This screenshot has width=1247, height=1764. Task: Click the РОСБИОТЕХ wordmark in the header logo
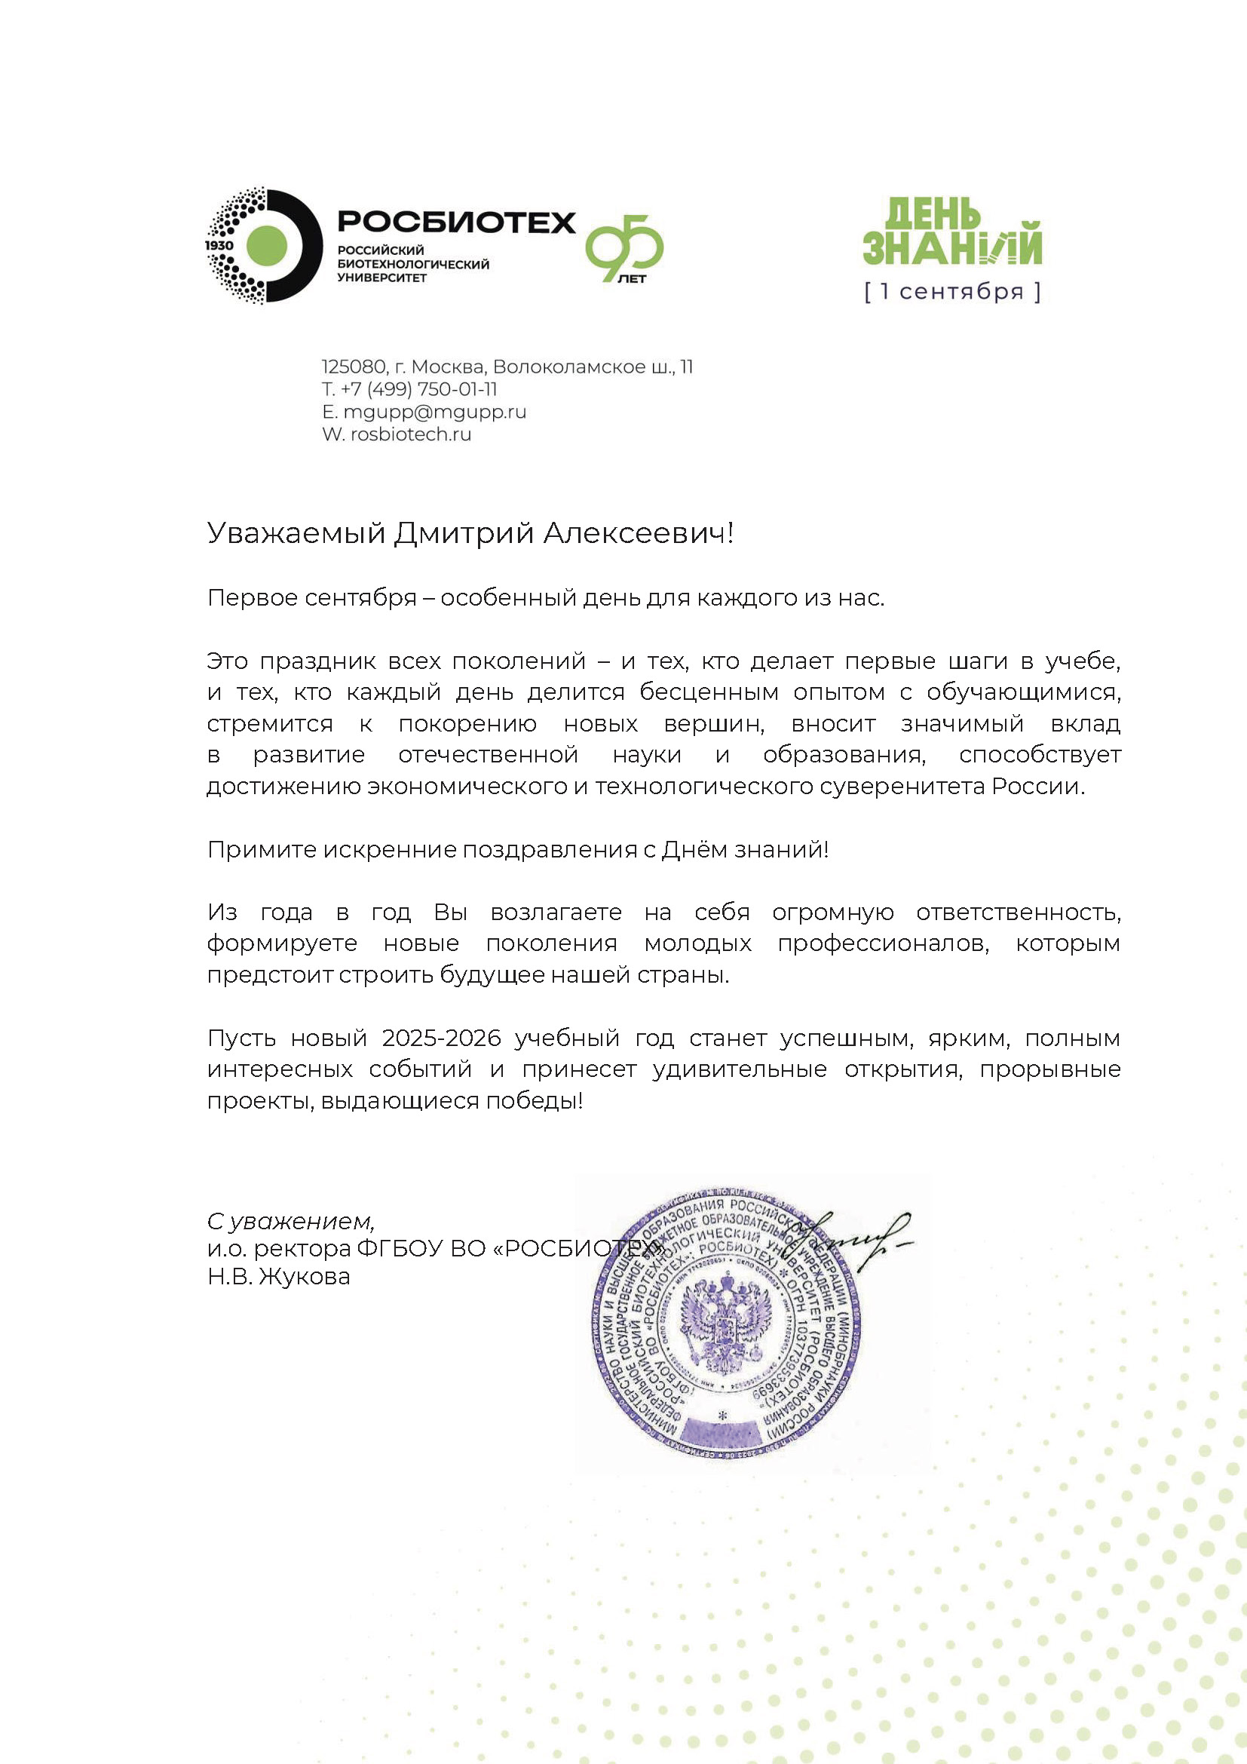[x=456, y=222]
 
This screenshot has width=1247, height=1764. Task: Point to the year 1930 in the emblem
[x=219, y=245]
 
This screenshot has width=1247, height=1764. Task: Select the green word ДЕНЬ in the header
[x=932, y=213]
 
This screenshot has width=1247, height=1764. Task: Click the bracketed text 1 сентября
[x=952, y=292]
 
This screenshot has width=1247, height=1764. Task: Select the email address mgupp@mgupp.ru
[x=434, y=412]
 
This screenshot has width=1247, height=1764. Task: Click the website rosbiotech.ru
[x=411, y=434]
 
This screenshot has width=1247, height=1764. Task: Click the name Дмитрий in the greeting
[x=464, y=533]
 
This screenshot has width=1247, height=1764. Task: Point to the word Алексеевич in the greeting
[x=636, y=533]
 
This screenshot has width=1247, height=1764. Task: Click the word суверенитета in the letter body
[x=907, y=787]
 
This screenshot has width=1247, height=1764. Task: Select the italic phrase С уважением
[x=291, y=1221]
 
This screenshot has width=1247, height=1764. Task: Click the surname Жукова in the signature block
[x=305, y=1277]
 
